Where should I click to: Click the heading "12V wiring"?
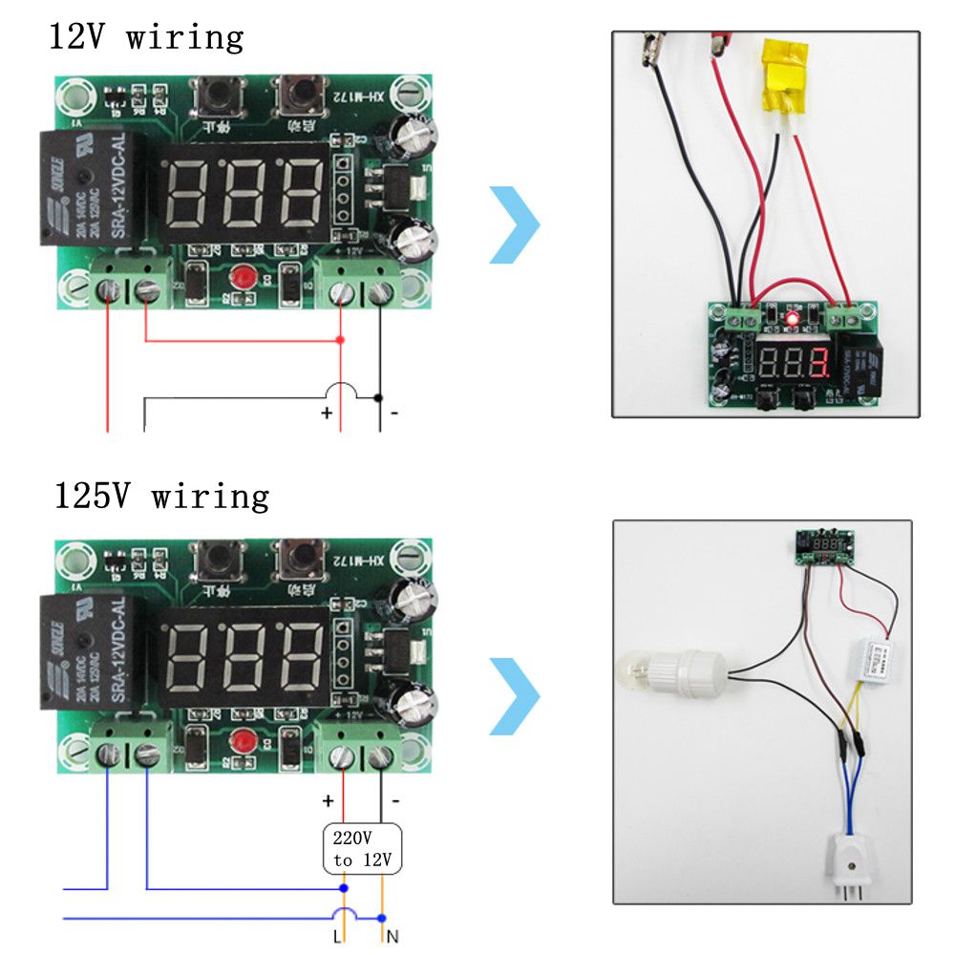(146, 38)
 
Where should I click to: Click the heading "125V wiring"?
(159, 497)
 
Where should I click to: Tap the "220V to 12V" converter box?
(363, 849)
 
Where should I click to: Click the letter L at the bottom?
(336, 937)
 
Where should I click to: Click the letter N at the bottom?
(392, 937)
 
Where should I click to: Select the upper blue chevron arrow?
(515, 225)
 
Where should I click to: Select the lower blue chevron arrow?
(515, 695)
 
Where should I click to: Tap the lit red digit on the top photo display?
(817, 362)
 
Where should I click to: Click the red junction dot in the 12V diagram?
(341, 340)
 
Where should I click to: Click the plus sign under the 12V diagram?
(327, 414)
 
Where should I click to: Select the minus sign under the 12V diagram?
(394, 414)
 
